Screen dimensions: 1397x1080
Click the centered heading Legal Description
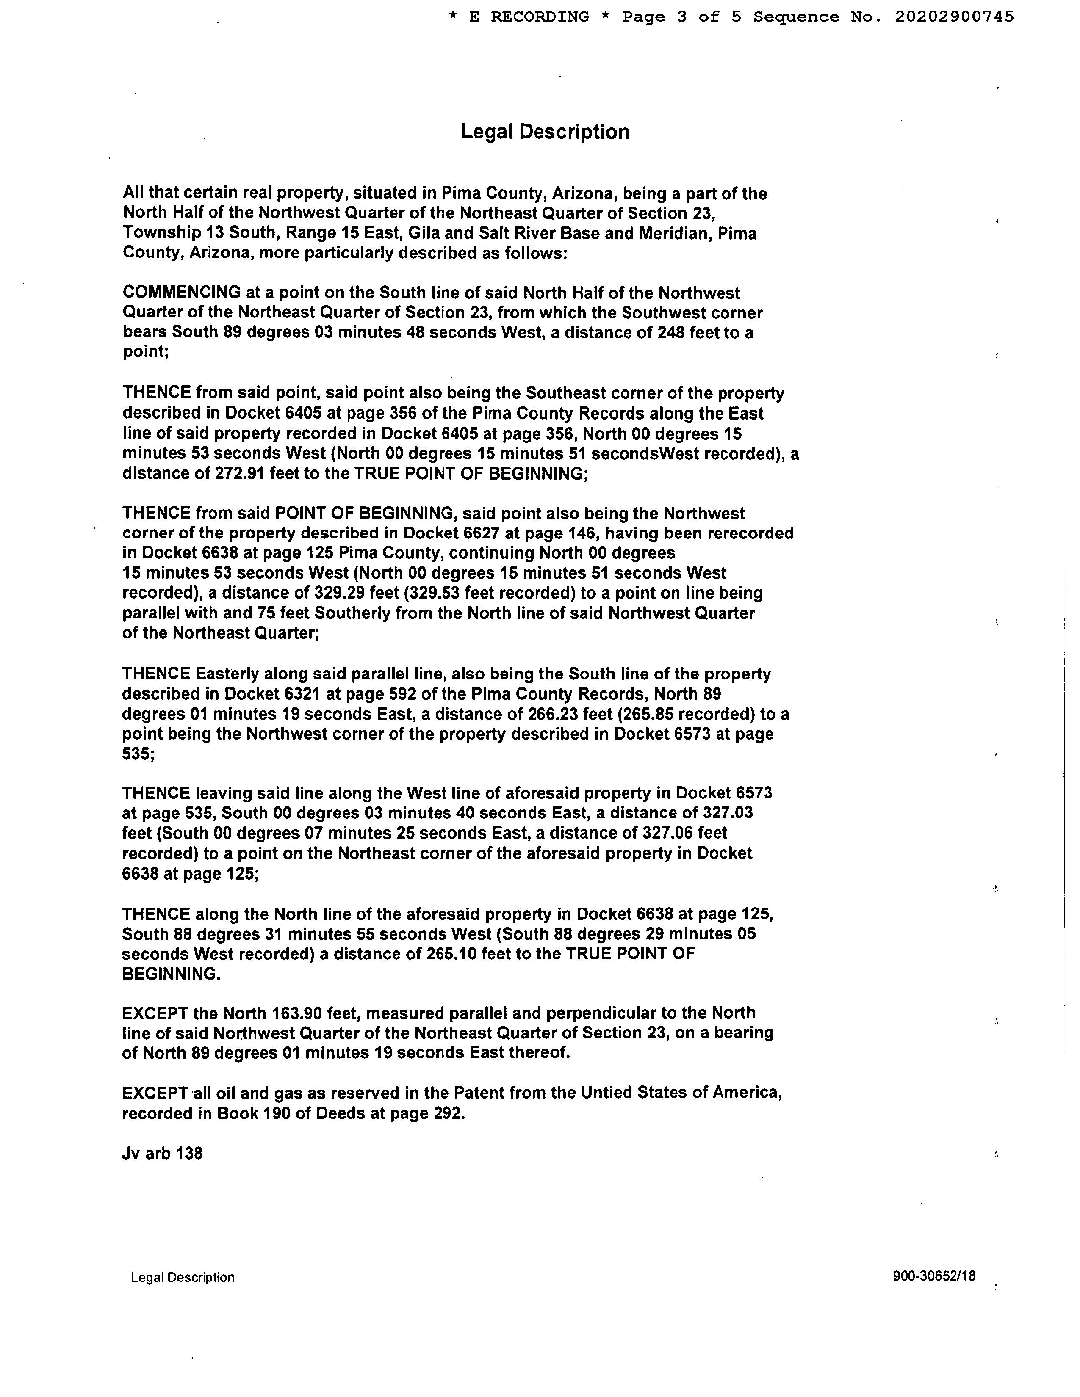coord(545,132)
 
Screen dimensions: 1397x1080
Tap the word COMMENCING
coord(182,293)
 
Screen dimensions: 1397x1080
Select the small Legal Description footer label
coord(183,1277)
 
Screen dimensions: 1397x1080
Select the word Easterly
coord(227,674)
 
